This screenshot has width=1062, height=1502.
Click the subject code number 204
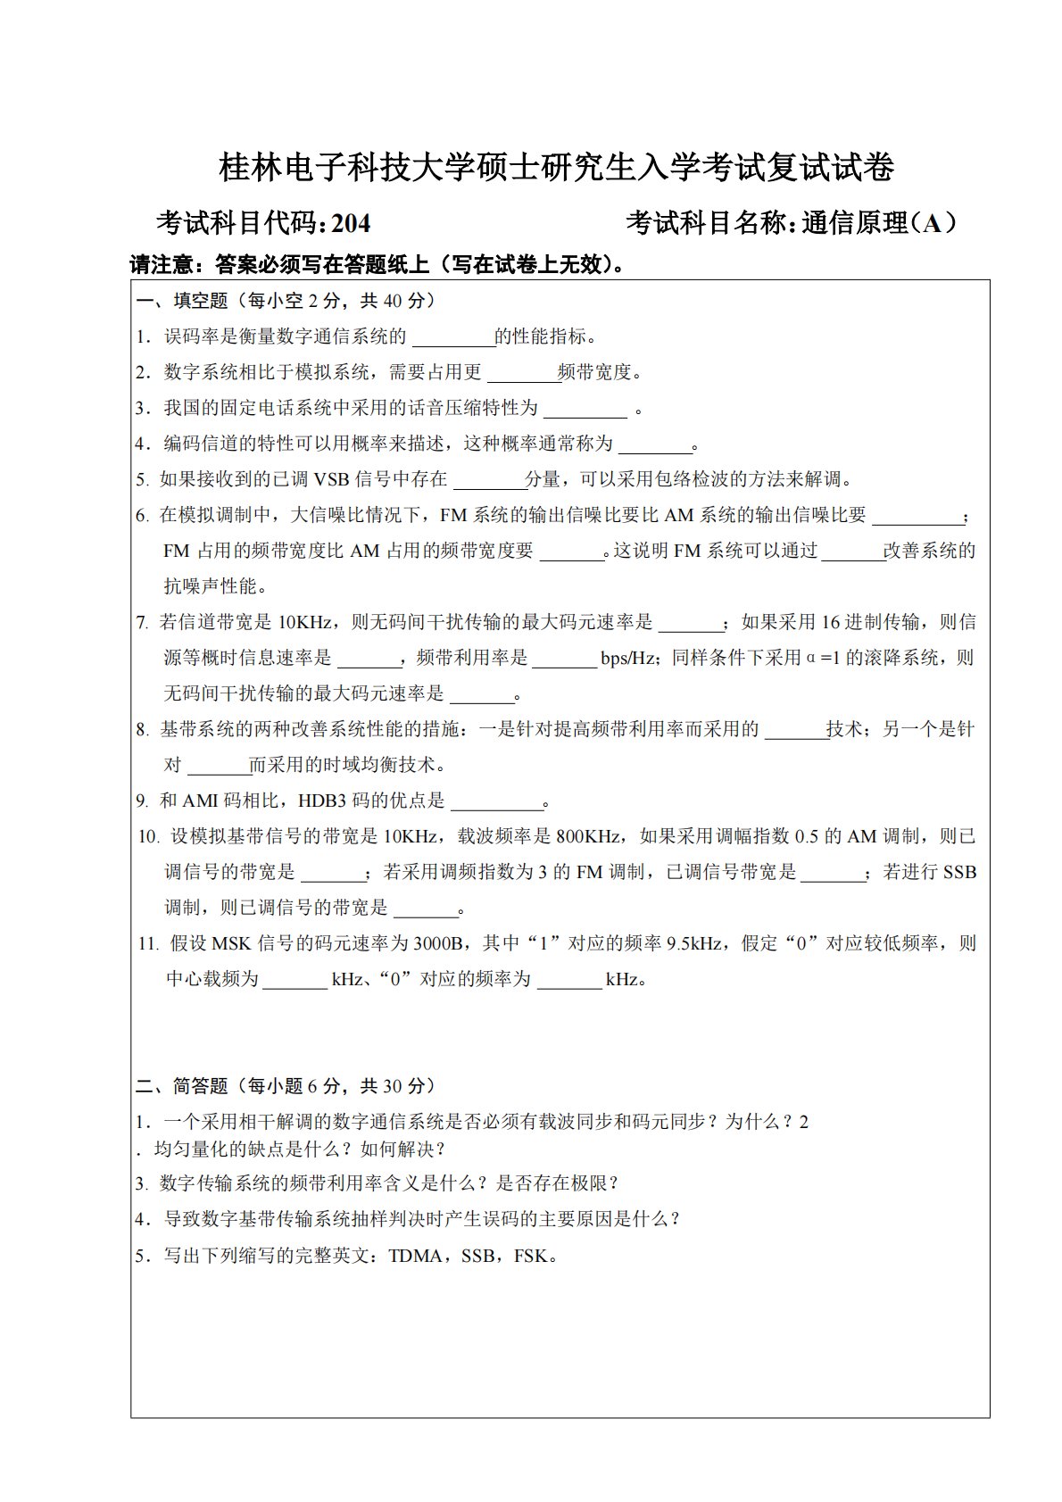tap(351, 223)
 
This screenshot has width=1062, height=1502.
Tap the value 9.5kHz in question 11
tap(694, 943)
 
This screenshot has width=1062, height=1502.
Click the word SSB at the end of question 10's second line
tap(959, 872)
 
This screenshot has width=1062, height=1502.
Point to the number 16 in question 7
tap(832, 622)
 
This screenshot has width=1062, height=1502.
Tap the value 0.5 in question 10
tap(806, 836)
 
